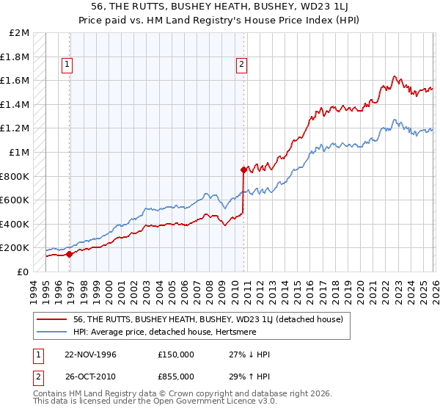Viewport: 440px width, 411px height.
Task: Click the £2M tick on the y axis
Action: (20, 33)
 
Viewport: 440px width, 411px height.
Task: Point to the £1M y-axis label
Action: (20, 153)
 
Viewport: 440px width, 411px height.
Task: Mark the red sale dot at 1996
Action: (69, 254)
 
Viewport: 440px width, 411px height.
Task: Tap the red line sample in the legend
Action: (54, 319)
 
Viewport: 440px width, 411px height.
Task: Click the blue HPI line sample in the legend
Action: (54, 331)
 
